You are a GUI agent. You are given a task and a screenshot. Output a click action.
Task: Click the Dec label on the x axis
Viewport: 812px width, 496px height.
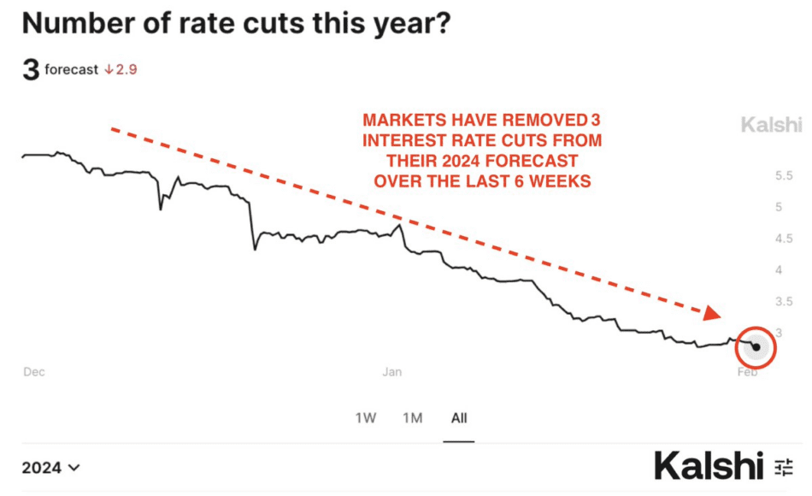point(33,372)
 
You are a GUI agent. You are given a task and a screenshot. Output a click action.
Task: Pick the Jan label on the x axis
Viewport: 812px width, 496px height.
point(392,372)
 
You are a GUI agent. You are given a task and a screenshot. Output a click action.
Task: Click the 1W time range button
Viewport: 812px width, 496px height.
point(365,418)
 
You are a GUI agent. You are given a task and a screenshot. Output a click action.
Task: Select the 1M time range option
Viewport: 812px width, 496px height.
point(412,418)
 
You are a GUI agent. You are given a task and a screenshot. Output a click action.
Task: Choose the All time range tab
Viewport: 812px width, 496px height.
point(459,418)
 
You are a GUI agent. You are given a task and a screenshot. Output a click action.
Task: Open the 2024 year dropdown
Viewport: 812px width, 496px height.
point(51,468)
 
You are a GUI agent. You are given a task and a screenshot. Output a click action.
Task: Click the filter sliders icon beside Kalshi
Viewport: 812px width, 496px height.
point(784,467)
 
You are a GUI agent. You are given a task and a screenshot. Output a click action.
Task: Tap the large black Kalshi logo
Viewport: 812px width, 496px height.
point(709,466)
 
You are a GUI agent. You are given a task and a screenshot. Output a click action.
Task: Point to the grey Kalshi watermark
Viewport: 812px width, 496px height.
point(771,126)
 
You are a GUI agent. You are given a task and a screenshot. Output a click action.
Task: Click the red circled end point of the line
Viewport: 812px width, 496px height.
point(756,347)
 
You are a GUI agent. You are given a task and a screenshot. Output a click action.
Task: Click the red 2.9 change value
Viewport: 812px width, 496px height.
point(121,69)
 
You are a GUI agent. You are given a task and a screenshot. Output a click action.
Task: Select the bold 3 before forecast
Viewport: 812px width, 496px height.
point(31,69)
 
